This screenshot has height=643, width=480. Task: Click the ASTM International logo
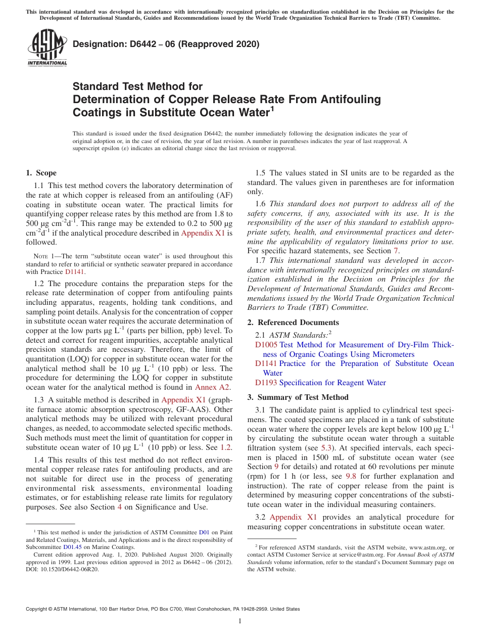click(46, 48)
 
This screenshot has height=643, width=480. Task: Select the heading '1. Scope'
click(41, 173)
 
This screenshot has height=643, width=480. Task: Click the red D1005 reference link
click(266, 345)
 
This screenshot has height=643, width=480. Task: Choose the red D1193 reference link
click(266, 383)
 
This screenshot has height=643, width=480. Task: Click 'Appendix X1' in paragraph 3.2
click(293, 517)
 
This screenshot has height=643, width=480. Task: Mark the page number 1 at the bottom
click(240, 621)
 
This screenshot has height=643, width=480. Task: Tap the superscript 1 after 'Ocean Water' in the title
click(271, 108)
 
